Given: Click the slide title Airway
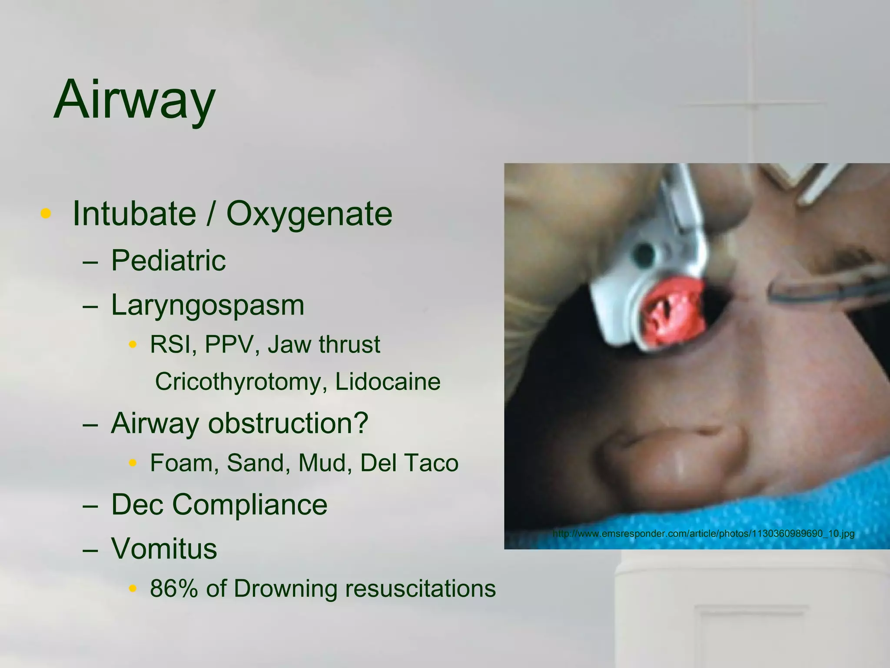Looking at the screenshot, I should [x=134, y=100].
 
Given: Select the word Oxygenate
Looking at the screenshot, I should [x=309, y=214].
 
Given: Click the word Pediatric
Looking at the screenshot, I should [x=168, y=261].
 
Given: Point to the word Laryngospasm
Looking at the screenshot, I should [x=208, y=306].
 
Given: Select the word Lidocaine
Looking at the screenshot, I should [x=388, y=382].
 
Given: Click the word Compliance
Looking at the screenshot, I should [x=249, y=504].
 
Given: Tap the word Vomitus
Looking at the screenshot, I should [x=164, y=548].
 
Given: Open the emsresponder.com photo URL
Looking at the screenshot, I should [x=703, y=534].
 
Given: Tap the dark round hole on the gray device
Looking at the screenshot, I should [x=644, y=254].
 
